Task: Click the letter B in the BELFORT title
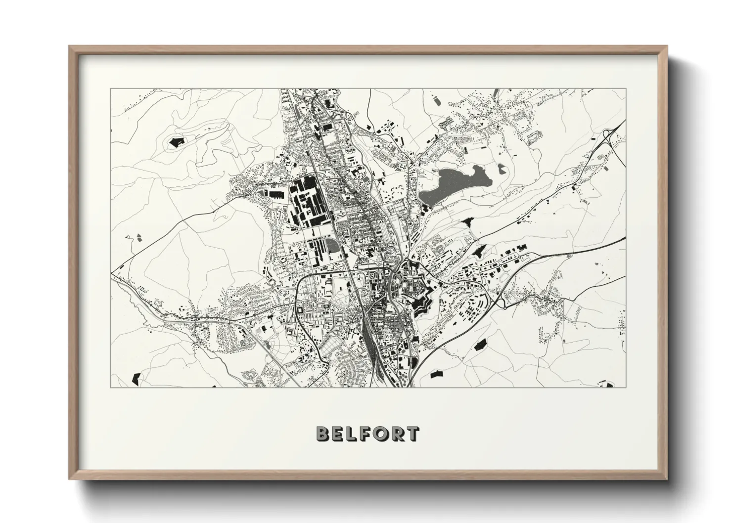pyautogui.click(x=322, y=434)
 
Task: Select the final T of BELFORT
pyautogui.click(x=412, y=434)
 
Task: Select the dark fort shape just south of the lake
pyautogui.click(x=468, y=223)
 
